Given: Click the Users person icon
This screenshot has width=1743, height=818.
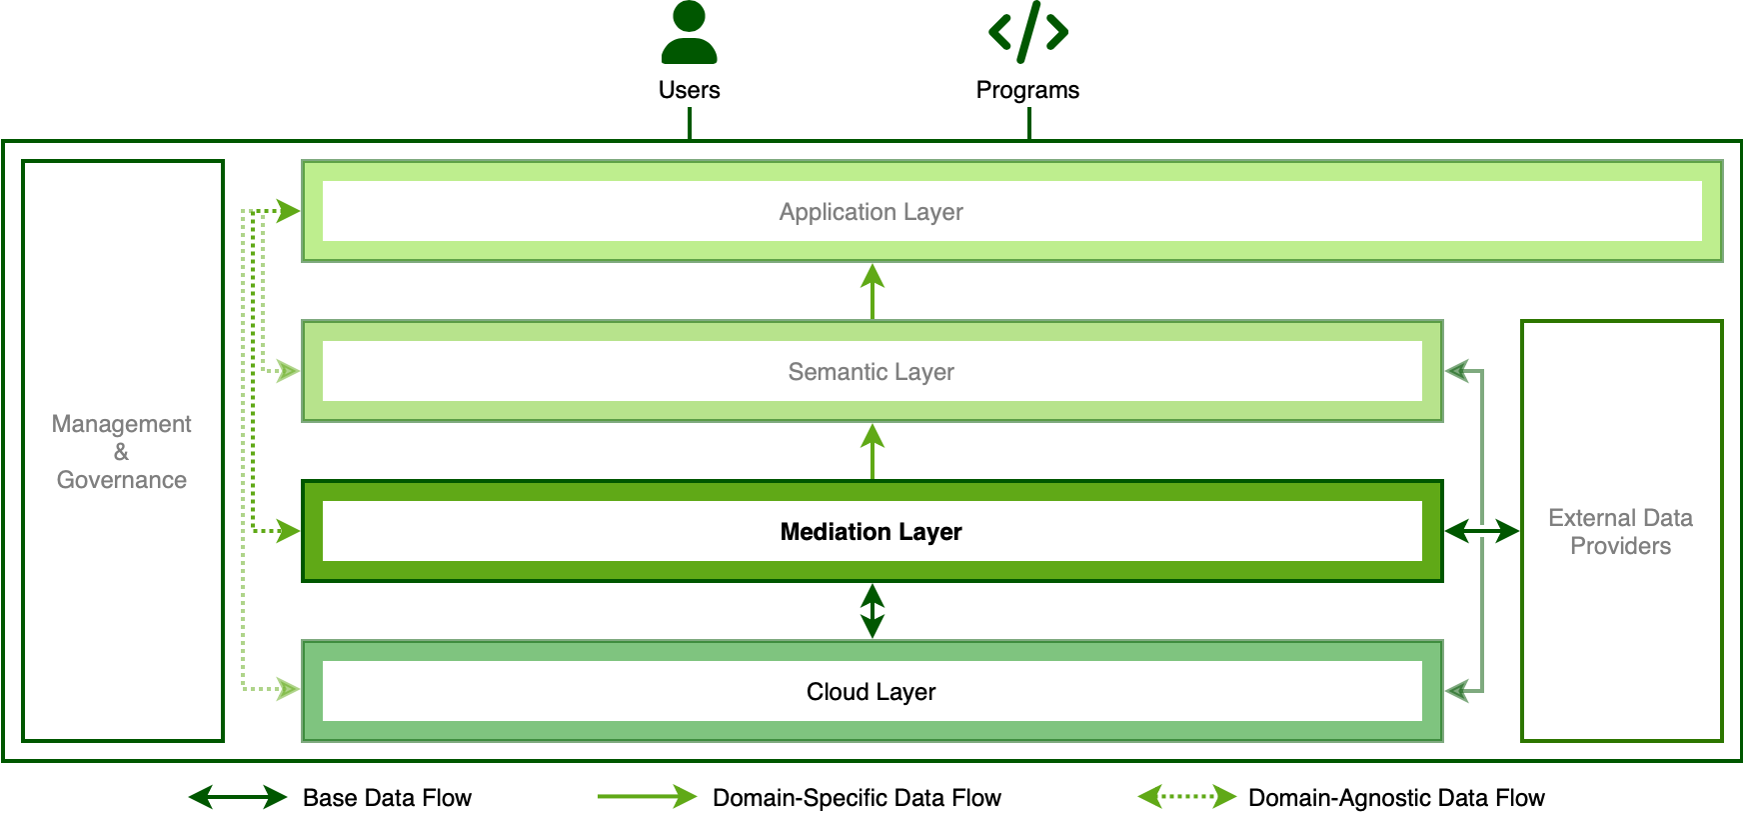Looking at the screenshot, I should pyautogui.click(x=689, y=33).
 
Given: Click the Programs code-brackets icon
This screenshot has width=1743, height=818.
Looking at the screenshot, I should pyautogui.click(x=1027, y=32).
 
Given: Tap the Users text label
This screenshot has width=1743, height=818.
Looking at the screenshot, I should pyautogui.click(x=689, y=90).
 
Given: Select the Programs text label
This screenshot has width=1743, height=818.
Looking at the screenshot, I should pyautogui.click(x=1027, y=90).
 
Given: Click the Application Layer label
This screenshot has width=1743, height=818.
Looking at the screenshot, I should pyautogui.click(x=871, y=212).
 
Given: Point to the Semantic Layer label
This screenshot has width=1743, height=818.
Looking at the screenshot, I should pyautogui.click(x=871, y=372).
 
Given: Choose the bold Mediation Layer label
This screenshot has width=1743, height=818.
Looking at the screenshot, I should pyautogui.click(x=871, y=532).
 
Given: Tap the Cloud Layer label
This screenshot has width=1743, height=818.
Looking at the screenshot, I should pyautogui.click(x=871, y=692).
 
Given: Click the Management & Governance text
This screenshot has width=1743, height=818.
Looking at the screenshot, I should pyautogui.click(x=122, y=452).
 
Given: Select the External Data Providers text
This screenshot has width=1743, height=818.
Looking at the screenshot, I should pyautogui.click(x=1620, y=532).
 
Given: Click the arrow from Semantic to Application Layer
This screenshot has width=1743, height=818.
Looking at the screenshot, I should pyautogui.click(x=872, y=291).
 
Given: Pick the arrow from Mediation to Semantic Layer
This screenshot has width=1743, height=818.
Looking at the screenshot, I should pyautogui.click(x=872, y=451).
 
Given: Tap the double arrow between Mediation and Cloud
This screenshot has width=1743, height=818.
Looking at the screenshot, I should pyautogui.click(x=872, y=611).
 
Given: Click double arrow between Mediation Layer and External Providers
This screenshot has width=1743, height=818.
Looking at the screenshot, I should pyautogui.click(x=1481, y=531).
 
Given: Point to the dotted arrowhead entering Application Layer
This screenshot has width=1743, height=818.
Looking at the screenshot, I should pyautogui.click(x=288, y=211).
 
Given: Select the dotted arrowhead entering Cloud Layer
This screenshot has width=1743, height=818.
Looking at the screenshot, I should pyautogui.click(x=288, y=689).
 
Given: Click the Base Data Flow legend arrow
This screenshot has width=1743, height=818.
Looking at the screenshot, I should pyautogui.click(x=238, y=797).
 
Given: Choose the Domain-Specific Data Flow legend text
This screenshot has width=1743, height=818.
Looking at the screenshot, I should pyautogui.click(x=857, y=798).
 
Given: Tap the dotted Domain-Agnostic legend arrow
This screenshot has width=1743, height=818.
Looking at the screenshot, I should pyautogui.click(x=1187, y=797).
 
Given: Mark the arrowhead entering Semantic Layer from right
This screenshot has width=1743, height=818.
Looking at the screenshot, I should pyautogui.click(x=1457, y=372).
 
